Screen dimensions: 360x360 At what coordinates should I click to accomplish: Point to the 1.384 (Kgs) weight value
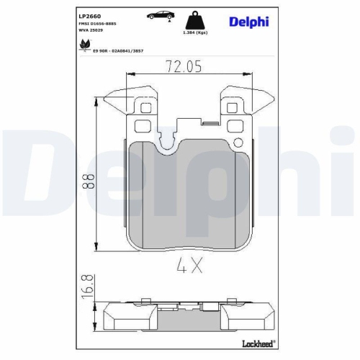(x=197, y=33)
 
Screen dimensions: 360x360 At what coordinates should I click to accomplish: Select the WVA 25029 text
(x=91, y=32)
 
